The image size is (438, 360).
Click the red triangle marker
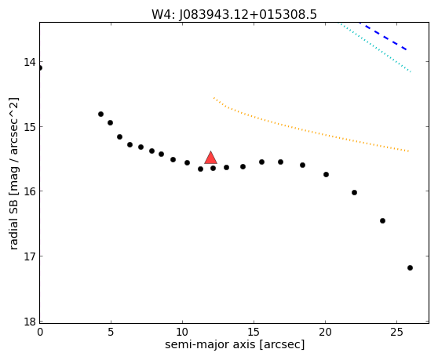point(210,158)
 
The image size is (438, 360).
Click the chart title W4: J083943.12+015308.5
point(234,15)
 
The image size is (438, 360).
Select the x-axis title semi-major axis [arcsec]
point(235,344)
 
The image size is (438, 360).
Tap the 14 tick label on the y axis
point(29,62)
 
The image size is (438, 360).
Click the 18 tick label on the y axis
point(29,322)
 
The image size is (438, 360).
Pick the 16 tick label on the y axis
point(29,191)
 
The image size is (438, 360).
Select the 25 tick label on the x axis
point(396,332)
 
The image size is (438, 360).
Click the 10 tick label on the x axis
point(182,332)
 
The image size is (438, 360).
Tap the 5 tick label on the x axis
point(111,332)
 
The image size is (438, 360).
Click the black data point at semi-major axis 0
point(40,67)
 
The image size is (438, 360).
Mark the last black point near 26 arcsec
point(410,268)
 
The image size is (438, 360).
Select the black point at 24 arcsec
point(383,220)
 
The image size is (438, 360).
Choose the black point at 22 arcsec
point(354,193)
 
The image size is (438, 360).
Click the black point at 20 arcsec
point(326,175)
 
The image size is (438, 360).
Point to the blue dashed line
point(383,36)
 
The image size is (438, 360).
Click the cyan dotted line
point(374,47)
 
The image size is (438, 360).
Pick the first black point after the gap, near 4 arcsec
point(100,115)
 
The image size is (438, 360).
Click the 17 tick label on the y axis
point(29,256)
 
